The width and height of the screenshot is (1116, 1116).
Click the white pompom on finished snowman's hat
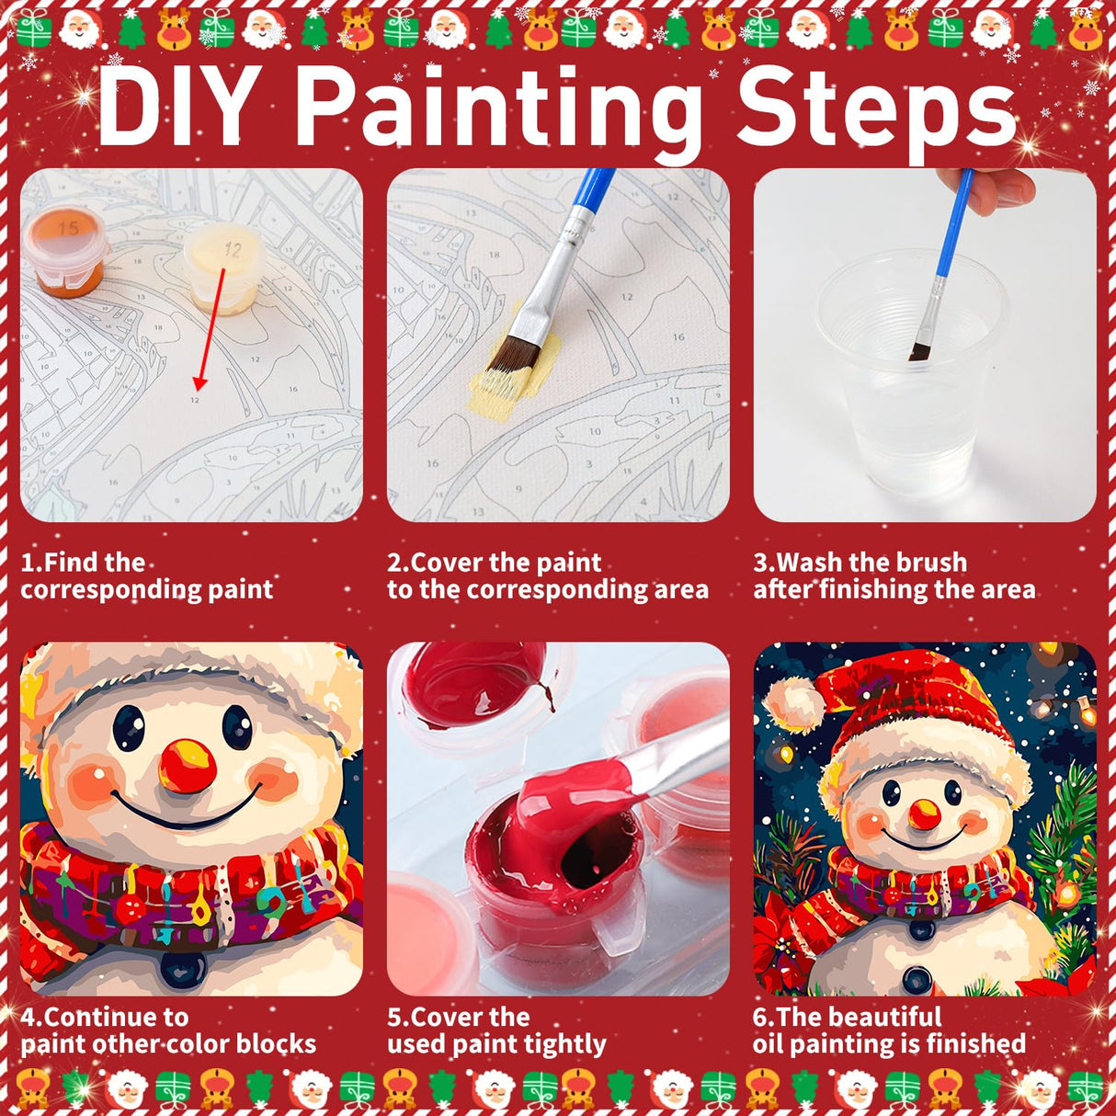point(792,703)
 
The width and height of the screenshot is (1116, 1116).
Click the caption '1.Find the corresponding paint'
point(147,575)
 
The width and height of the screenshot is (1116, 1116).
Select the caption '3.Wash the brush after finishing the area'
point(894,575)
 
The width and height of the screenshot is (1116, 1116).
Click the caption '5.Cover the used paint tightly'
point(496,1031)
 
